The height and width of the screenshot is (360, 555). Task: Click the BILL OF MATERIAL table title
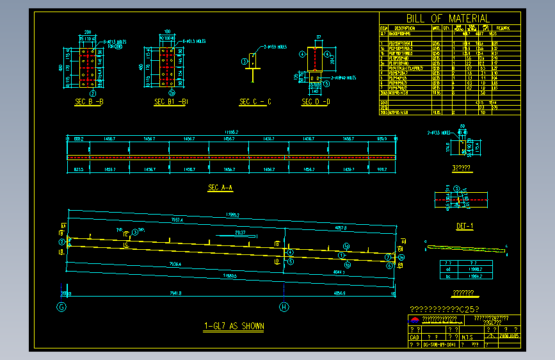(447, 19)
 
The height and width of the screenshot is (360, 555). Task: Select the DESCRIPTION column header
(405, 28)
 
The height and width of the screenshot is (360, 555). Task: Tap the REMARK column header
(502, 28)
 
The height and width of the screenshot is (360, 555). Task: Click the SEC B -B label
(90, 102)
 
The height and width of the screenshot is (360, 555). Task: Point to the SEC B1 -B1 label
(171, 102)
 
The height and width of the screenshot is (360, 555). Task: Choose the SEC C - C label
(255, 102)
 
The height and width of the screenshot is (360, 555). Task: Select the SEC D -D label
(316, 102)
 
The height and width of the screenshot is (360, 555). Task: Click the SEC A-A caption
(221, 188)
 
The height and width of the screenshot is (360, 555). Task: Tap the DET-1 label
(464, 226)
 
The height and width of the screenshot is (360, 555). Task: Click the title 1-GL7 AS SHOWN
(234, 326)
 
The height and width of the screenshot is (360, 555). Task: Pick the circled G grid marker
(62, 307)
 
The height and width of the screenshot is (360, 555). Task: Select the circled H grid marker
(284, 307)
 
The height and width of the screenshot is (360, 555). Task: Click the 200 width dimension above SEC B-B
(88, 31)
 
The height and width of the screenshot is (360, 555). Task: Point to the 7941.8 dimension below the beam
(172, 293)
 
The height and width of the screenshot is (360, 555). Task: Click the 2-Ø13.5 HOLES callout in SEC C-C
(277, 47)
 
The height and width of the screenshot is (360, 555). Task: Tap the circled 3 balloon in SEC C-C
(244, 61)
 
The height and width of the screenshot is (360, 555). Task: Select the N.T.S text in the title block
(468, 336)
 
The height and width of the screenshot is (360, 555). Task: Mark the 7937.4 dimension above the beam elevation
(177, 220)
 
